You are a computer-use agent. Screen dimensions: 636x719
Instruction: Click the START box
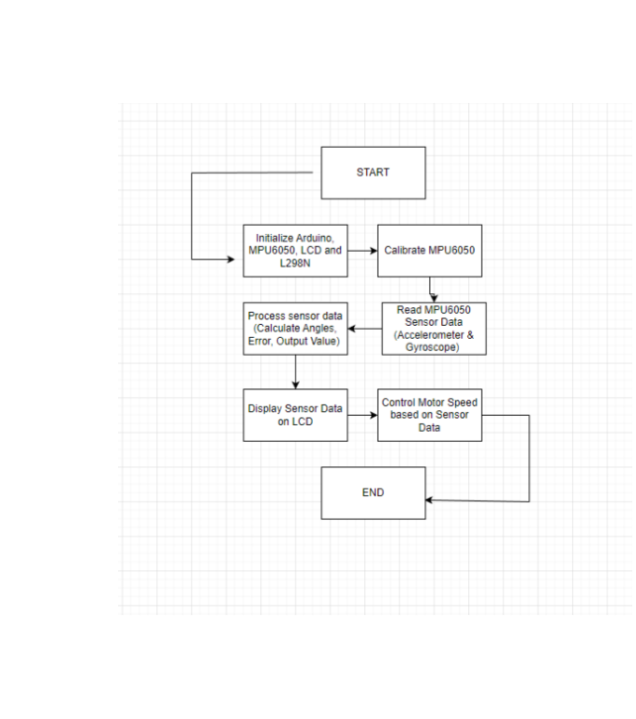373,173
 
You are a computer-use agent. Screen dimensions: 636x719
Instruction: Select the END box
373,493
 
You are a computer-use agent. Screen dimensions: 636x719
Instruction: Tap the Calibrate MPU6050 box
430,251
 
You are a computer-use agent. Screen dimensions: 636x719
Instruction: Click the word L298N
295,263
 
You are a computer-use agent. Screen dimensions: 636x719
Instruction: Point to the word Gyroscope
431,347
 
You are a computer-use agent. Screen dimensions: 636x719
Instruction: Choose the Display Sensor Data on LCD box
295,415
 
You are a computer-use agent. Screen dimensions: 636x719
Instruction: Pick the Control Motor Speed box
430,415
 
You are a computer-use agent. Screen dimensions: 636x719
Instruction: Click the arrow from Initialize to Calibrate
362,251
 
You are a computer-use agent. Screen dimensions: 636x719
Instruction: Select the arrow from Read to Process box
364,329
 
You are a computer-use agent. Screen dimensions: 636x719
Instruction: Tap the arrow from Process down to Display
295,372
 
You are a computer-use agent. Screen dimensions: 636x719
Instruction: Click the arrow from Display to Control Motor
362,415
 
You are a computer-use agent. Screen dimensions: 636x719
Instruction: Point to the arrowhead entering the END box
429,500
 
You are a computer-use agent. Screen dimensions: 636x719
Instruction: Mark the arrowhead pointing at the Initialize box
231,259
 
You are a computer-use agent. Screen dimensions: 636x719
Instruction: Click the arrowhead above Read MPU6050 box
434,298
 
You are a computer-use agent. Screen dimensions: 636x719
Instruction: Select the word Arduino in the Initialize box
315,239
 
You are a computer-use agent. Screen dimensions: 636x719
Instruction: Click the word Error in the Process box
259,341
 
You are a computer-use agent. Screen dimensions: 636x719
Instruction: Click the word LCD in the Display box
302,422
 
